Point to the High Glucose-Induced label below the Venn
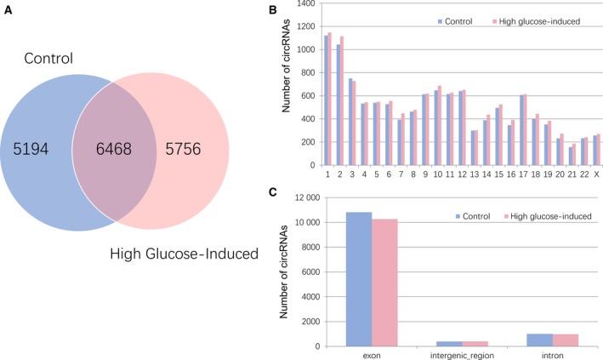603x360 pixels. pos(185,253)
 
